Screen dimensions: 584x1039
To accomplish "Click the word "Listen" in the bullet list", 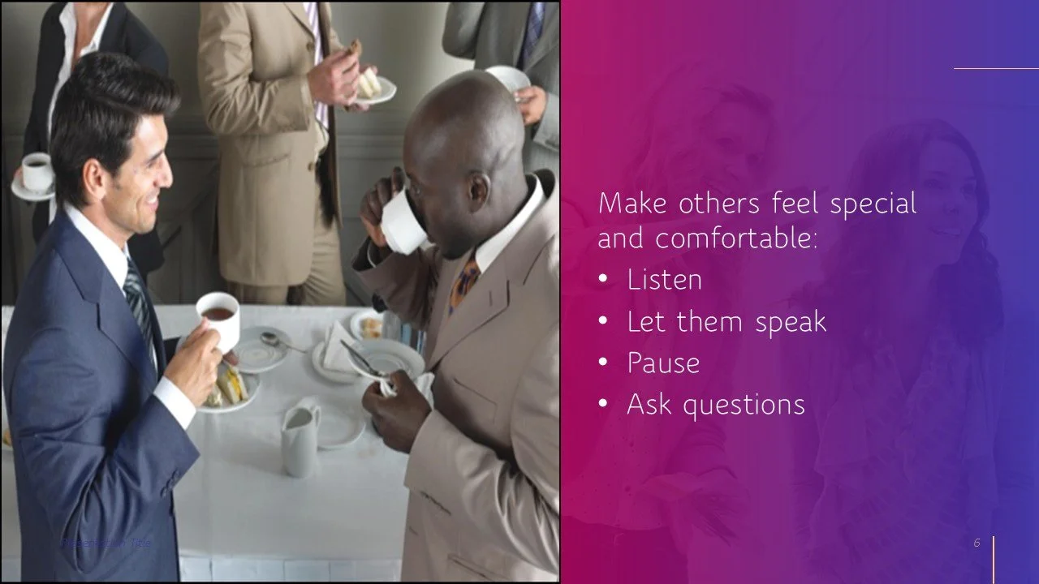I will coord(664,280).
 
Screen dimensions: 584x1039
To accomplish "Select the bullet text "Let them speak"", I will coord(726,322).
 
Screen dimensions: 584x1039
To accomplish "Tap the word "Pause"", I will coord(662,363).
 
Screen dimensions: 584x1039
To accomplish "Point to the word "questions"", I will coord(744,405).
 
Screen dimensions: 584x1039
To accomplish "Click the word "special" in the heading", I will coord(873,203).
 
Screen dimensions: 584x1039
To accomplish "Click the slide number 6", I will coord(977,543).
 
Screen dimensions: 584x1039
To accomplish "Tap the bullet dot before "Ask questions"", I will coord(602,403).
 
